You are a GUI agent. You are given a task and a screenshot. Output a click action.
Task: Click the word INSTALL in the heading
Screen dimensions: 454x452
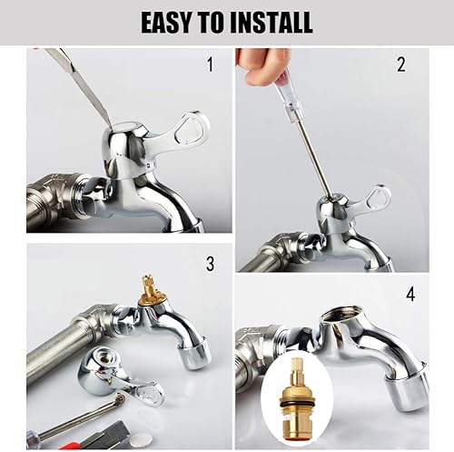tap(271, 22)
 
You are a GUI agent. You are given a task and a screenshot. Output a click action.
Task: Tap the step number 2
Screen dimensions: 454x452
tap(401, 65)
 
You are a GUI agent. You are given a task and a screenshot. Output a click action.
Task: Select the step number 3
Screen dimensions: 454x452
tap(210, 264)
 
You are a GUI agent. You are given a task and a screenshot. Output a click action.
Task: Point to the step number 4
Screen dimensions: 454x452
tap(410, 294)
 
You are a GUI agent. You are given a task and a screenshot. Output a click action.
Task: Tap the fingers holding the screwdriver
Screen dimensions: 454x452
tap(262, 65)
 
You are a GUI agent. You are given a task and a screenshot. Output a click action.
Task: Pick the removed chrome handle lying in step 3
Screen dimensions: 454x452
tap(120, 377)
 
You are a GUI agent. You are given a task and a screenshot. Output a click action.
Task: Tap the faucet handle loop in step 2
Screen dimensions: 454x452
tap(380, 199)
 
